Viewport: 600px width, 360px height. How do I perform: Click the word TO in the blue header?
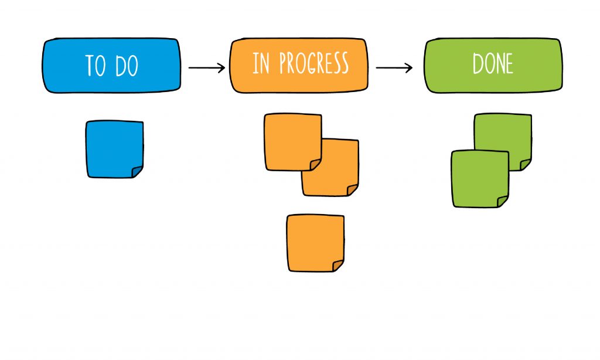(96, 66)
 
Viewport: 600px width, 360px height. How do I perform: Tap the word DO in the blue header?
(126, 66)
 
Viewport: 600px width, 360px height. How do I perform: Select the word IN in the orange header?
(261, 63)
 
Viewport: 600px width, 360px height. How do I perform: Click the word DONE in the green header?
(493, 64)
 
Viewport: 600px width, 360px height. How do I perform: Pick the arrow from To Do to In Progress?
(206, 68)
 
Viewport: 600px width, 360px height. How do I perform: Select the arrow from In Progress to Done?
(394, 68)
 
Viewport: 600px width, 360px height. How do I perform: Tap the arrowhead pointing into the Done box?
(410, 68)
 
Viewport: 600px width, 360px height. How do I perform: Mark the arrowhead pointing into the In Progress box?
(222, 68)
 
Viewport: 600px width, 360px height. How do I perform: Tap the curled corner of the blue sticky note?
(137, 171)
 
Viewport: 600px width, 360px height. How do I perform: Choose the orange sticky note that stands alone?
(315, 242)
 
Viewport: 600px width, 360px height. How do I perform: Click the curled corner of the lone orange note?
(338, 265)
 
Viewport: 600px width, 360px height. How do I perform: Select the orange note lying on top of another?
(292, 141)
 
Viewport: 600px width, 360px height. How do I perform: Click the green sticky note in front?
(479, 178)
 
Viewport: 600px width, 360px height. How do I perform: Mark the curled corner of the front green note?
(503, 201)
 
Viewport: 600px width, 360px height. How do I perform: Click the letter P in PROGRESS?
(284, 64)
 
